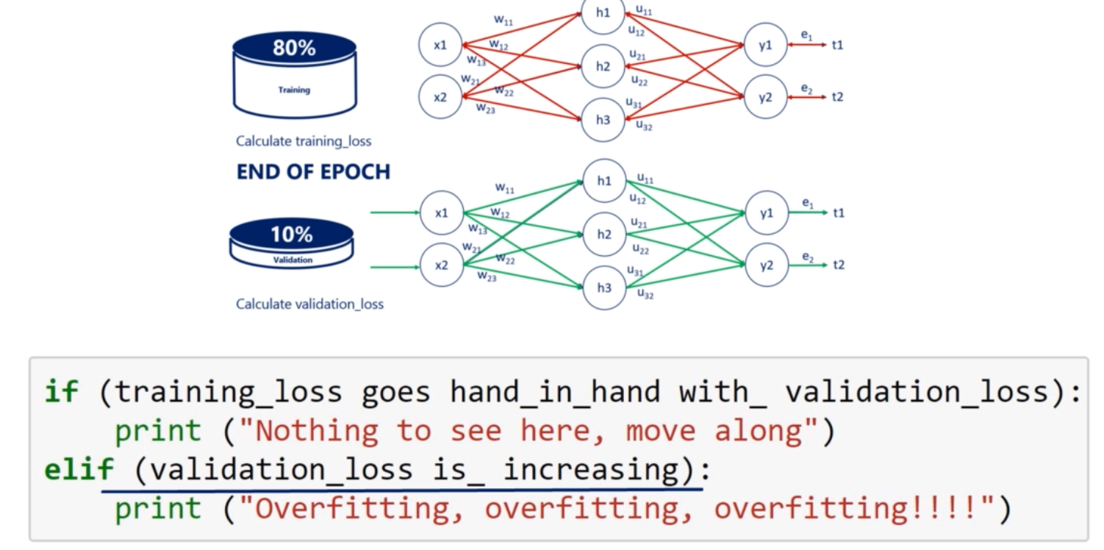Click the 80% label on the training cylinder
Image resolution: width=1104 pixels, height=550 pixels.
pyautogui.click(x=294, y=49)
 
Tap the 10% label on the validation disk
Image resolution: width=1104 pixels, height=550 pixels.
pyautogui.click(x=292, y=235)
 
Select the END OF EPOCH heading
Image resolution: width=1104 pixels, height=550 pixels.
pyautogui.click(x=313, y=172)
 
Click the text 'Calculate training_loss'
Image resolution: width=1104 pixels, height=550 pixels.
pyautogui.click(x=304, y=140)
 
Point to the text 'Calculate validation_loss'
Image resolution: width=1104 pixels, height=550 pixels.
pyautogui.click(x=309, y=304)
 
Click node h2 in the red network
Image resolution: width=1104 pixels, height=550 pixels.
pyautogui.click(x=603, y=66)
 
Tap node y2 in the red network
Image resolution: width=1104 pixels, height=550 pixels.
pyautogui.click(x=765, y=96)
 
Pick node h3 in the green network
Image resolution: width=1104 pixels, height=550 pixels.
pyautogui.click(x=604, y=287)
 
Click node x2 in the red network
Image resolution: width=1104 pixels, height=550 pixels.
pyautogui.click(x=440, y=96)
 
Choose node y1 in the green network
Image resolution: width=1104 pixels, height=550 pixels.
pyautogui.click(x=767, y=213)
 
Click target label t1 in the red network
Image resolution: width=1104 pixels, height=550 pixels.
pyautogui.click(x=837, y=45)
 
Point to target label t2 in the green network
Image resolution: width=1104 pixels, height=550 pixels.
pyautogui.click(x=839, y=265)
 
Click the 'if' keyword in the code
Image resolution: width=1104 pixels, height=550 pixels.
pyautogui.click(x=61, y=392)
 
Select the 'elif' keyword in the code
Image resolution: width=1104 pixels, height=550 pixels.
pyautogui.click(x=79, y=469)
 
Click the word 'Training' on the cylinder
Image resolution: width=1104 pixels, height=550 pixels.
pyautogui.click(x=294, y=90)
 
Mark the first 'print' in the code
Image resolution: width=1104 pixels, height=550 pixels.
pyautogui.click(x=158, y=431)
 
